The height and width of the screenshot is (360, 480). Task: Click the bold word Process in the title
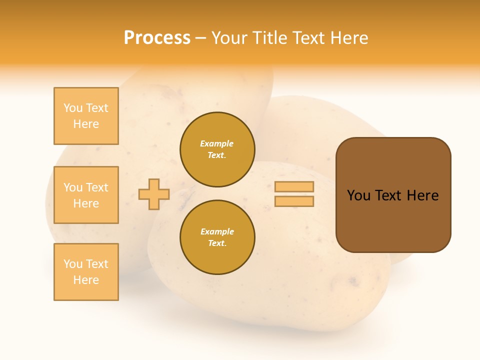tap(157, 38)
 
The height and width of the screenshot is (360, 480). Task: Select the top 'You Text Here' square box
tap(86, 116)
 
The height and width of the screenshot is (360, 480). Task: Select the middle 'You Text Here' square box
tap(86, 195)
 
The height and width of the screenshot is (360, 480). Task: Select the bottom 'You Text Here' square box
tap(86, 272)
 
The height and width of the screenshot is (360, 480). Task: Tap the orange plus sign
tap(154, 194)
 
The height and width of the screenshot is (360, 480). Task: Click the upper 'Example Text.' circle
tap(217, 149)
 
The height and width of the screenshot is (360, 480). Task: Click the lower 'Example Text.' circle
tap(217, 237)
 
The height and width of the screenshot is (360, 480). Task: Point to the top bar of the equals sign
tap(294, 186)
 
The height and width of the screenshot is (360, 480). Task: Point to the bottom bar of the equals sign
tap(294, 201)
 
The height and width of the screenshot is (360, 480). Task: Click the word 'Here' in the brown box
tap(422, 195)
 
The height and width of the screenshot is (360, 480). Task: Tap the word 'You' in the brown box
tap(358, 195)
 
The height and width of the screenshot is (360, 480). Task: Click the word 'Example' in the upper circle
tap(217, 144)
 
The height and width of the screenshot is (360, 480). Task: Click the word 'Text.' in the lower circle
tap(217, 243)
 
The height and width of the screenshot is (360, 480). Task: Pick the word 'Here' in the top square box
tap(86, 124)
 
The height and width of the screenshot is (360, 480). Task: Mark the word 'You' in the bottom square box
tap(73, 264)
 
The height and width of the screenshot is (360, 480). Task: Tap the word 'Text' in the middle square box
tap(97, 187)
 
